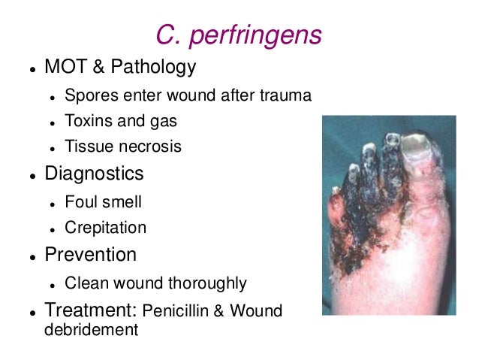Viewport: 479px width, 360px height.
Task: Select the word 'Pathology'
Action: [154, 67]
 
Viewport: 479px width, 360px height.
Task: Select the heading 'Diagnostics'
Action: [94, 174]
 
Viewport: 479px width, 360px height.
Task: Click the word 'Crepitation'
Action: [105, 227]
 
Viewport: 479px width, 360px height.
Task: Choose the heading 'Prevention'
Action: [90, 255]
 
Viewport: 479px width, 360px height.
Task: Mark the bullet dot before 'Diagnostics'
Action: [33, 175]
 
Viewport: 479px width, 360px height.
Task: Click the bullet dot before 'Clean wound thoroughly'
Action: [53, 285]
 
